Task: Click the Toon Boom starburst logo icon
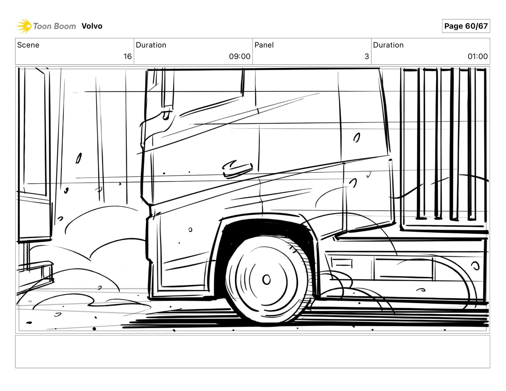coord(24,26)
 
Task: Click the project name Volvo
coord(92,26)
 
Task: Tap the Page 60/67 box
coord(466,26)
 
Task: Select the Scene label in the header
coord(28,45)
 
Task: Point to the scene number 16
coord(128,56)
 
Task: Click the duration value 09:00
coord(240,56)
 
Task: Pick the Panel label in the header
coord(264,45)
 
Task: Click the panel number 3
coord(367,56)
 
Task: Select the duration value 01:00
coord(478,56)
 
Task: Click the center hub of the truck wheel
coord(266,280)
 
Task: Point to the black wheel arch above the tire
coord(264,227)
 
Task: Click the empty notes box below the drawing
coord(252,351)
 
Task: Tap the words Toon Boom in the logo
coord(55,26)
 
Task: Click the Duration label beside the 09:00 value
coord(151,45)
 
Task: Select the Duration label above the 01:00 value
coord(388,45)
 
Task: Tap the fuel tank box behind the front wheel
coord(403,269)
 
